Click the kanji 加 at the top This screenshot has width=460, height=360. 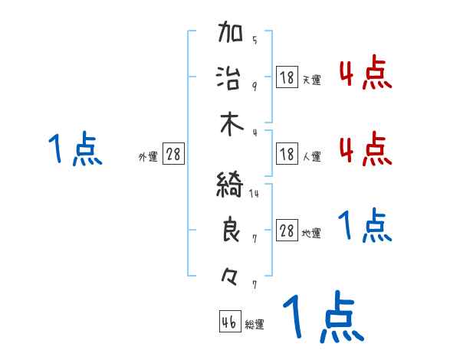[x=231, y=33]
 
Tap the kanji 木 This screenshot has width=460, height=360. [x=231, y=124]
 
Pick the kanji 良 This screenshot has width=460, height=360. [x=231, y=231]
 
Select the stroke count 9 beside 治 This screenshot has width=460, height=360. [x=255, y=86]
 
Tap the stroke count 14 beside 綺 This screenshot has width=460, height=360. [x=254, y=194]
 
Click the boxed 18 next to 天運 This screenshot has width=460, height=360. [x=287, y=77]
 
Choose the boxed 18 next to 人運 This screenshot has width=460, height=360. [x=287, y=155]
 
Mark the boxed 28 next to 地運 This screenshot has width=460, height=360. [x=287, y=231]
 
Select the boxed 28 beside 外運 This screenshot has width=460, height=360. [x=173, y=155]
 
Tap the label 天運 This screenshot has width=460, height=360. [x=311, y=80]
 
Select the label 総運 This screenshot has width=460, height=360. [x=255, y=324]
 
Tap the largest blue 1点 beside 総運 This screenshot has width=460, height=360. [x=322, y=318]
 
